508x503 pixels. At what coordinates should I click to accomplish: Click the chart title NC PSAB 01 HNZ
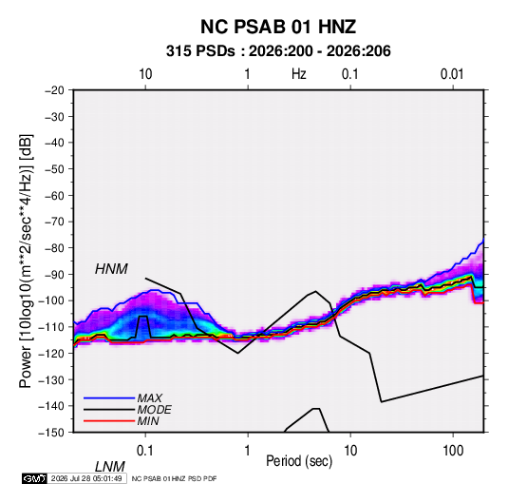(x=278, y=27)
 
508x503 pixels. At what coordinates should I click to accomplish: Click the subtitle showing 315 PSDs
(x=278, y=51)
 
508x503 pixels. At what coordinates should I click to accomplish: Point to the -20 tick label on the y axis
(x=54, y=90)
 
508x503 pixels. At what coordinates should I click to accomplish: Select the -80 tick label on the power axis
(x=54, y=248)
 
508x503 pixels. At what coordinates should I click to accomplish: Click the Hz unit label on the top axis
(x=299, y=74)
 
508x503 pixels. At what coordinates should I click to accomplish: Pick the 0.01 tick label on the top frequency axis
(x=452, y=74)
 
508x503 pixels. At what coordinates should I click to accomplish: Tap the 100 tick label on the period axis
(x=453, y=451)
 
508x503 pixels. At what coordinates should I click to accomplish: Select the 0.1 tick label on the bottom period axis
(x=144, y=451)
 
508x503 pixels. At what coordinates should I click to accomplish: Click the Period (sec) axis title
(x=299, y=461)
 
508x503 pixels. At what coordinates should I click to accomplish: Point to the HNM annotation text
(x=111, y=269)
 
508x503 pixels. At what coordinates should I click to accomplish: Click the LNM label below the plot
(x=110, y=467)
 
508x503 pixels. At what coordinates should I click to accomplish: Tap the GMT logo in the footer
(x=34, y=478)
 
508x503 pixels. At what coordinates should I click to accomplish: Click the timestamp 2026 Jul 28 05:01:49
(x=86, y=478)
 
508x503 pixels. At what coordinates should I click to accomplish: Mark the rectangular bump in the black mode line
(x=142, y=316)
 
